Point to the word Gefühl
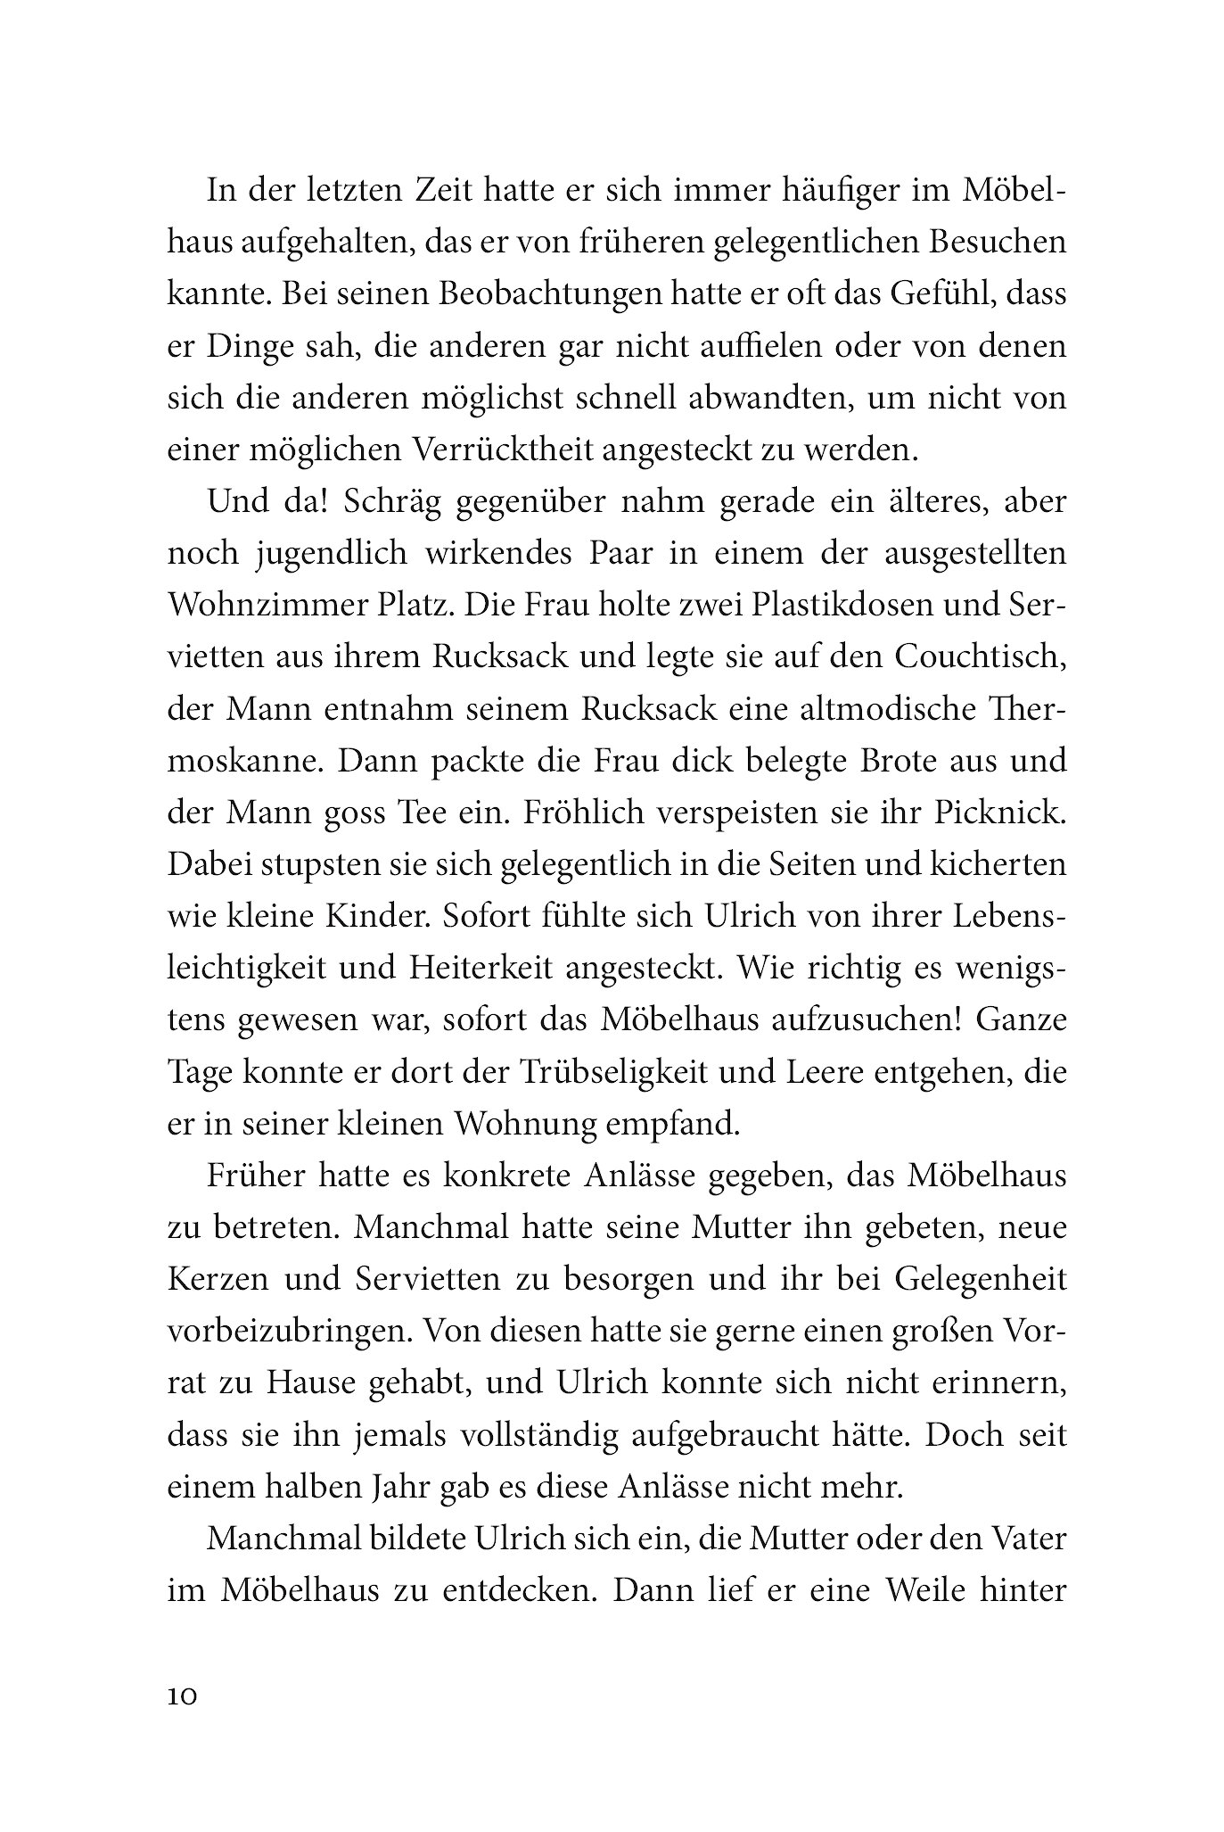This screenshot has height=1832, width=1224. point(915,294)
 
